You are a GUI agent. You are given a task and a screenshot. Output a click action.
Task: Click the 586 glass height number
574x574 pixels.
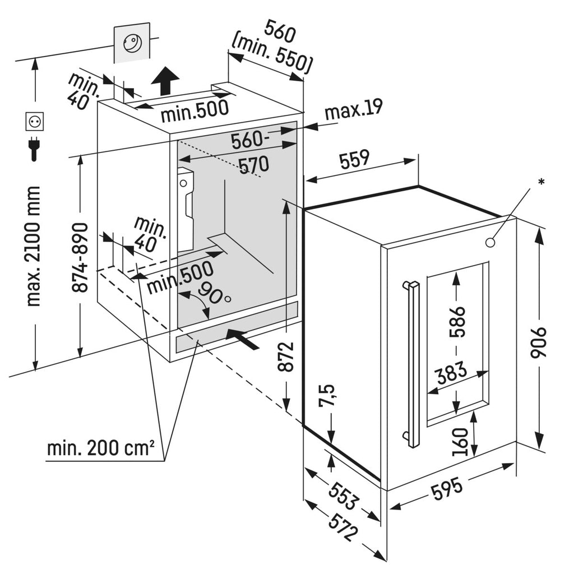point(457,322)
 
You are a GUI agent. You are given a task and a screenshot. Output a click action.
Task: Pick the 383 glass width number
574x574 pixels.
point(451,373)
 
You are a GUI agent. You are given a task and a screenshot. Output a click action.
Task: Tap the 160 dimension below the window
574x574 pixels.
point(460,442)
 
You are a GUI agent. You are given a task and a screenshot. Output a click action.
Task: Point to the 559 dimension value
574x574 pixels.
point(354,159)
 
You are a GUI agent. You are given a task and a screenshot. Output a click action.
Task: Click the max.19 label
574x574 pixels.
point(354,109)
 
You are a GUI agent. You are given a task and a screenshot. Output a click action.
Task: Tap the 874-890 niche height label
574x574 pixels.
point(80,257)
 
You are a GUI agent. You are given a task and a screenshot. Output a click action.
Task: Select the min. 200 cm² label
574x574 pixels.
point(101,447)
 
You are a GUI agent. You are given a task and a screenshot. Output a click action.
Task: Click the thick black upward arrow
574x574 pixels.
point(165,81)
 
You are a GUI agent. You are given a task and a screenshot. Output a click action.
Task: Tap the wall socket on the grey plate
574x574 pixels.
point(132,44)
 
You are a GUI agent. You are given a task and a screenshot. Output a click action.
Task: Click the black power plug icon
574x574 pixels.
point(34,149)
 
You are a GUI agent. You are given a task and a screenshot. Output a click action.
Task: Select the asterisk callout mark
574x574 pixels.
point(541,181)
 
